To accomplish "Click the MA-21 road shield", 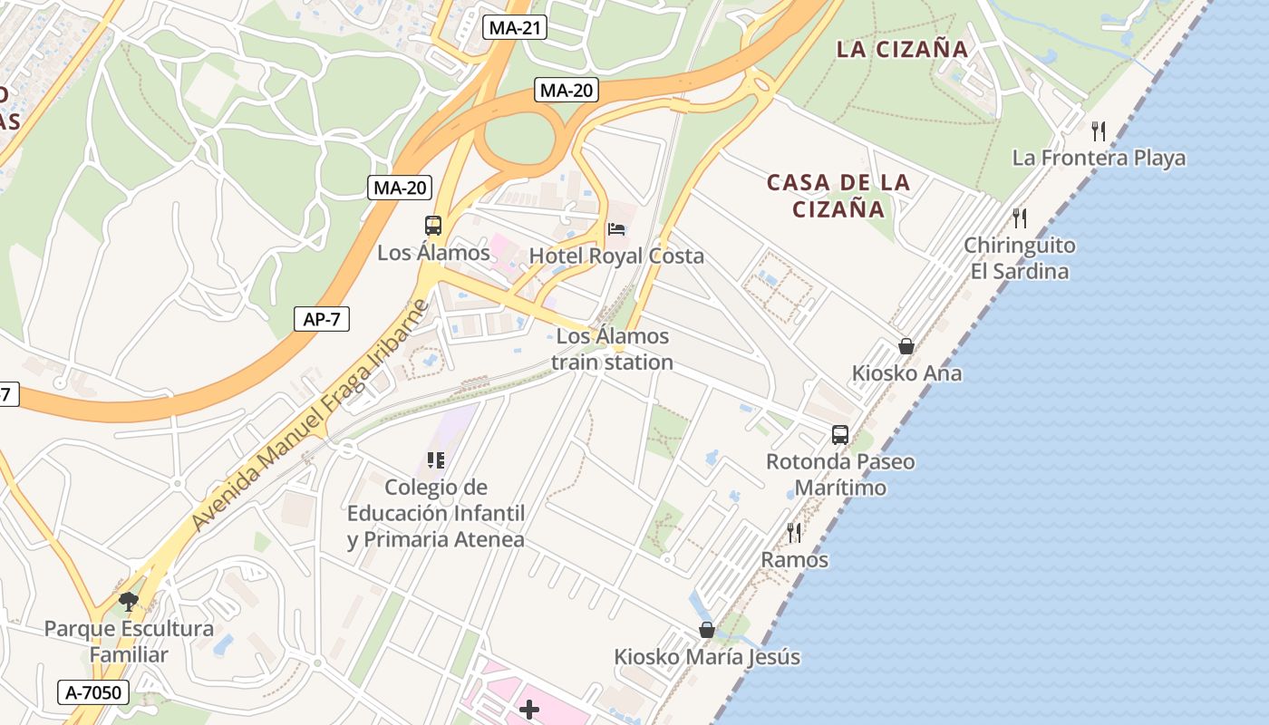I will [514, 27].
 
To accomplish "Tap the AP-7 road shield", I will [322, 319].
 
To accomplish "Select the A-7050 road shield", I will [94, 693].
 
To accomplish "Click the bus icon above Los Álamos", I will [433, 226].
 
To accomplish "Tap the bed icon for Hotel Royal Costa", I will [616, 228].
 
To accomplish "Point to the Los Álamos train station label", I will [613, 349].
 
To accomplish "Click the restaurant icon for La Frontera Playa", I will [1099, 131].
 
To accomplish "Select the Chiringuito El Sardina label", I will [1019, 258].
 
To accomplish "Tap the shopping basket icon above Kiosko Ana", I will [906, 346].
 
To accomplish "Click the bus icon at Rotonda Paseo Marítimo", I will [840, 434].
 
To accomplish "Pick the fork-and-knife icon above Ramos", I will [794, 532].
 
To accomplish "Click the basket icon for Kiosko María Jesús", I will [707, 630].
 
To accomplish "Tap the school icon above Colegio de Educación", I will [436, 460].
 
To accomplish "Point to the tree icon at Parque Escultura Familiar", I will [129, 601].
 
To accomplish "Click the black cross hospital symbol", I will [529, 709].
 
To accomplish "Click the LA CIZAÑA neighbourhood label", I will [902, 50].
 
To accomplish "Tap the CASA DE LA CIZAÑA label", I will [838, 196].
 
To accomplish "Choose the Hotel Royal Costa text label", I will [616, 256].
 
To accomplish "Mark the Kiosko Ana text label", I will [906, 373].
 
